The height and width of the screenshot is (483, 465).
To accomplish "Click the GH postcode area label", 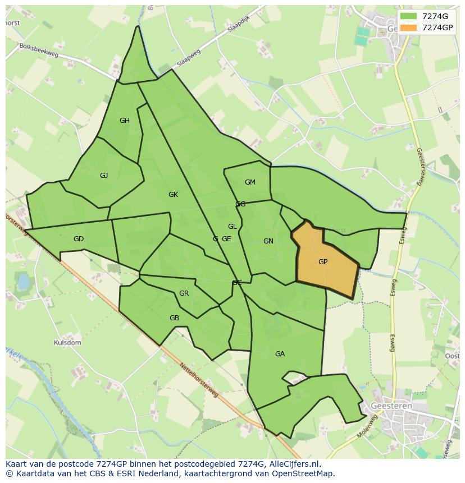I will pos(125,121).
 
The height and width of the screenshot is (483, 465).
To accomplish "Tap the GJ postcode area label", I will pos(104,176).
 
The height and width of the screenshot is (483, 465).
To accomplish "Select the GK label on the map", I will pos(173,195).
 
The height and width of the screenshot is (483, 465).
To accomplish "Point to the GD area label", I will pos(79,239).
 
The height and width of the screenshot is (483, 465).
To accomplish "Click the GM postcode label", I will pos(250,182).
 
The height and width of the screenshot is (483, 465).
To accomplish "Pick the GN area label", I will pos(268,241).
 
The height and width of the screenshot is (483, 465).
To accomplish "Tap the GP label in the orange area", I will pos(323,262).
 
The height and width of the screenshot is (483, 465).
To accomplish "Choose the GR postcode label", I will pos(184,293).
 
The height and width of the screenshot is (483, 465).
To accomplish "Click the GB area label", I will pos(174,318).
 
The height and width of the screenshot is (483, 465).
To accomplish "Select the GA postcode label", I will pos(280,354).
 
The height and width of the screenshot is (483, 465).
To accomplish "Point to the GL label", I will pos(232,227).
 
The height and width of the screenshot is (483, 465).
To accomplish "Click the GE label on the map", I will pos(226,239).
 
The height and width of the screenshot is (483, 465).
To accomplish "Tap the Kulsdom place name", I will pos(67,342).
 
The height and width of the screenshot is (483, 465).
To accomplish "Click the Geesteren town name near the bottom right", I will pos(391,406).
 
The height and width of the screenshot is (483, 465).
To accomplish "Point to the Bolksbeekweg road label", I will pos(39,50).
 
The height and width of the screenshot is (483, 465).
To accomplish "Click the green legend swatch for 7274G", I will pos(409,16).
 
